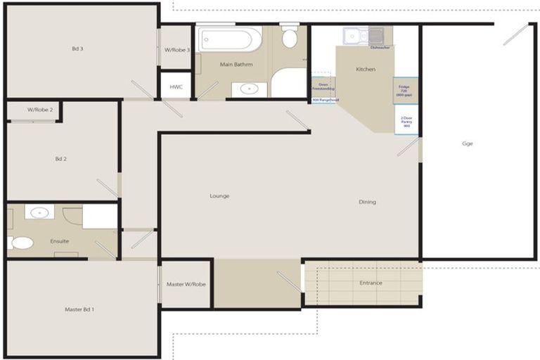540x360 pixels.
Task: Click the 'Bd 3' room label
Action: pyautogui.click(x=77, y=49)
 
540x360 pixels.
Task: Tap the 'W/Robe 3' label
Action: pyautogui.click(x=177, y=50)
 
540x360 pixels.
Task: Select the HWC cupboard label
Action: pyautogui.click(x=176, y=86)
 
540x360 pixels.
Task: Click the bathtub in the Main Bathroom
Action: pyautogui.click(x=229, y=39)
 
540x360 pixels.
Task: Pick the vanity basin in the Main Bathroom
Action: pyautogui.click(x=249, y=89)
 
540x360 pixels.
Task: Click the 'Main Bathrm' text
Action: pyautogui.click(x=236, y=64)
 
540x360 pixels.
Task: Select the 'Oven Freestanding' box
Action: pyautogui.click(x=323, y=86)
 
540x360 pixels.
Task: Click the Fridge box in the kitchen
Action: pyautogui.click(x=406, y=91)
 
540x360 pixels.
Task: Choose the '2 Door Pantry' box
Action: pyautogui.click(x=406, y=120)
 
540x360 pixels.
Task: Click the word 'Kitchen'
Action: pyautogui.click(x=366, y=69)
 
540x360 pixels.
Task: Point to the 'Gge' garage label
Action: pyautogui.click(x=468, y=143)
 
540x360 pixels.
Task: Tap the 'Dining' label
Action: pyautogui.click(x=367, y=202)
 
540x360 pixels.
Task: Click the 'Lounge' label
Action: pyautogui.click(x=219, y=195)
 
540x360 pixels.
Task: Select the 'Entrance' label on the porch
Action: pyautogui.click(x=371, y=283)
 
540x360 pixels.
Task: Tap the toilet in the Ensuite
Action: pyautogui.click(x=21, y=243)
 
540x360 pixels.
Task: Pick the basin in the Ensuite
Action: pyautogui.click(x=39, y=212)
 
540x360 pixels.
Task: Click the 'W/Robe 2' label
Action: pyautogui.click(x=40, y=110)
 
